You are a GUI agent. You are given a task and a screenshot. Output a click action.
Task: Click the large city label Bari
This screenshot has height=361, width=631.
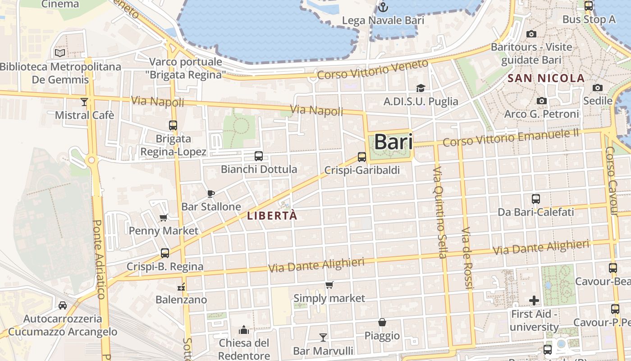pos(393,142)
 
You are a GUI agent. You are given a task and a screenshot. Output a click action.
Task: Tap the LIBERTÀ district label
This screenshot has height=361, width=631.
pos(272,216)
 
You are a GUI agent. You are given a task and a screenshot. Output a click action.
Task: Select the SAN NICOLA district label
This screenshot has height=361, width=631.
pos(546,78)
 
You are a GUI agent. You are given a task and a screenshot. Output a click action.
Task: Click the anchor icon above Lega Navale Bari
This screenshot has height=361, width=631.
pos(383,7)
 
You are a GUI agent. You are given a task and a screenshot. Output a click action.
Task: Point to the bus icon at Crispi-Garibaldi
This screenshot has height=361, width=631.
pos(362,157)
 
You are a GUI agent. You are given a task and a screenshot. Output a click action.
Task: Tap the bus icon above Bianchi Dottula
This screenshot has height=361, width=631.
pos(258,156)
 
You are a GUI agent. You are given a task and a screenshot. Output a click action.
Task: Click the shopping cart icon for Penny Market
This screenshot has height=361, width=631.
pos(164,218)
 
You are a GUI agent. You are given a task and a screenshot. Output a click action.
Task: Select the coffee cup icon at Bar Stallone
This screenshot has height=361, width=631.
pos(210,194)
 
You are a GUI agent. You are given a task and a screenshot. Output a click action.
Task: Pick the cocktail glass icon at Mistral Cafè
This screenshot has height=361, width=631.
pos(84,102)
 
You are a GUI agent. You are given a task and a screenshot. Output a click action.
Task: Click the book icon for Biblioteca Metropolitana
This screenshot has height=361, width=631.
pos(60,53)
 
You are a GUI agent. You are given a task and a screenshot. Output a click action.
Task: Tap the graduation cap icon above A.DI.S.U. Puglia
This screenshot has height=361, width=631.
pos(421,88)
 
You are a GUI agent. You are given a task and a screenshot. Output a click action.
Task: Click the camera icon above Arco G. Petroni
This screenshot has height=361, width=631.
pos(542,101)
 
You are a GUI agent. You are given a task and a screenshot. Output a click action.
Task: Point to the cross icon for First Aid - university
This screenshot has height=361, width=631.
pos(534,300)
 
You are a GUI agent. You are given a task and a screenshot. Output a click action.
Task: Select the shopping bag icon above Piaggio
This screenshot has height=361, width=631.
pos(382,322)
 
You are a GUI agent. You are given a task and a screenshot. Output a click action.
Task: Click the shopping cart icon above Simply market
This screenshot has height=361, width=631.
pos(329,285)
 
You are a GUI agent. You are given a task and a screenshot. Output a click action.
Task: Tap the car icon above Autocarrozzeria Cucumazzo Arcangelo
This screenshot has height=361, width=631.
pos(63,305)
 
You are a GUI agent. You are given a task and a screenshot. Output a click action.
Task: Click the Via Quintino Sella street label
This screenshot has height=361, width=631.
pos(439,212)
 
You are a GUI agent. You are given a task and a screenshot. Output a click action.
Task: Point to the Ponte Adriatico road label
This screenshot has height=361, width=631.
pos(99,259)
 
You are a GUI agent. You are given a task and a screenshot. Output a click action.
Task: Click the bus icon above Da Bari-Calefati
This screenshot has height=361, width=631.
pos(536,199)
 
